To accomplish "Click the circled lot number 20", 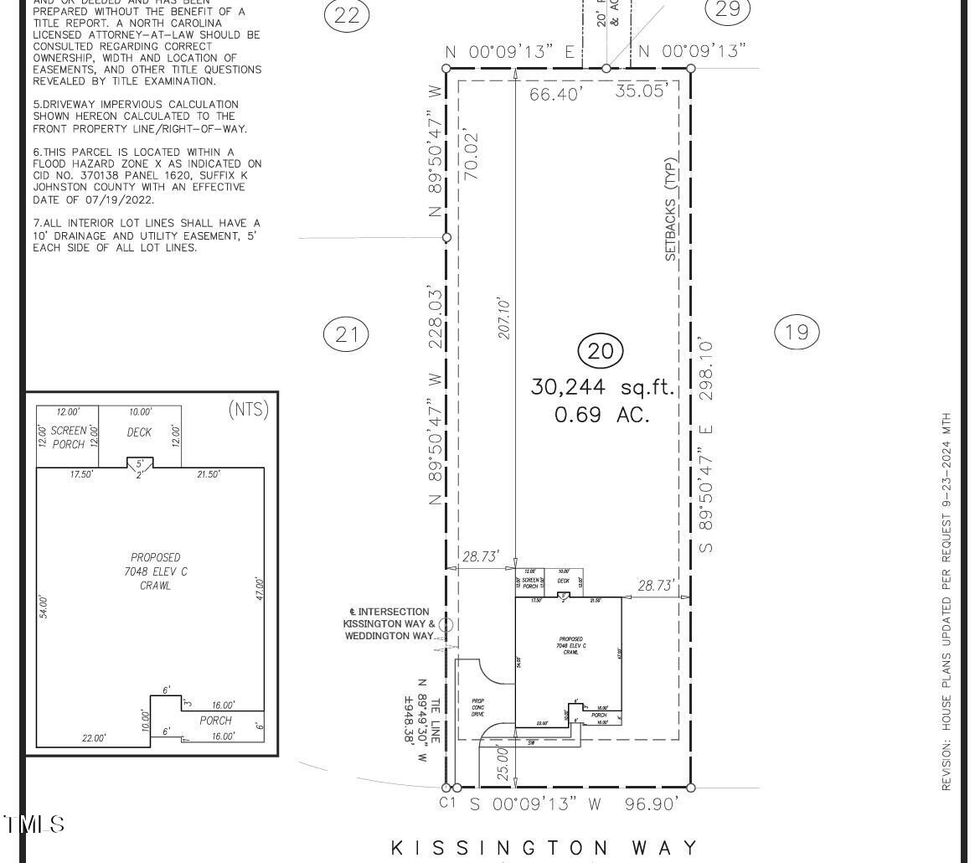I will coord(601,351).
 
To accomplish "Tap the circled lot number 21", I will coord(346,335).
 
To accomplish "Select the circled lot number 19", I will coord(797,333).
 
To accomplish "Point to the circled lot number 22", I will coord(346,14).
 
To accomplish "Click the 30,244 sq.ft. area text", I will coord(602,387).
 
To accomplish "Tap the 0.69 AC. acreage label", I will coord(601,414).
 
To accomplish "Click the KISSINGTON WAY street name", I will coord(544,847).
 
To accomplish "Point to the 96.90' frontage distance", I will coord(651,804).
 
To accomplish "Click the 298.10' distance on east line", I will coord(707,368).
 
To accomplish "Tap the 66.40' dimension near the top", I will coord(555,95).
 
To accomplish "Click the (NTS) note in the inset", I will coord(248,410).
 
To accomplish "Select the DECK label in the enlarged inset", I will coord(139,432).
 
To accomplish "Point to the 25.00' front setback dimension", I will coord(503,763).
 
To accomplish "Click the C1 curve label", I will coord(447,802).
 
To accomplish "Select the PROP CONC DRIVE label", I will coord(477,707).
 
